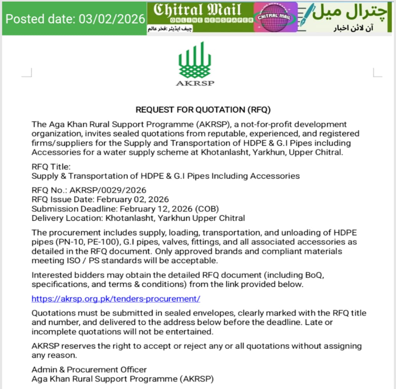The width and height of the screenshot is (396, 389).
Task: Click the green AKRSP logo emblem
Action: tap(195, 60)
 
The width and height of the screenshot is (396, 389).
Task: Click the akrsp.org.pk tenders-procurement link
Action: tap(116, 299)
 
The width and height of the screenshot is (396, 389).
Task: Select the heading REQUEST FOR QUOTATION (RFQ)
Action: tap(203, 110)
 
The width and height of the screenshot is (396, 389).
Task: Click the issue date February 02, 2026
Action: tap(133, 199)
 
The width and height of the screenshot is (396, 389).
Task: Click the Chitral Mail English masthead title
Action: tap(197, 10)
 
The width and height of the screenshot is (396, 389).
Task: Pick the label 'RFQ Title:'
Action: tap(51, 167)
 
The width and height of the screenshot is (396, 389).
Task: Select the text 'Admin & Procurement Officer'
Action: tap(89, 369)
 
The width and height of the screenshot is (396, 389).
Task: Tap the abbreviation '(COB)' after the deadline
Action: tap(207, 209)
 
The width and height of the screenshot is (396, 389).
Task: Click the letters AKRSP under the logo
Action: tap(195, 83)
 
